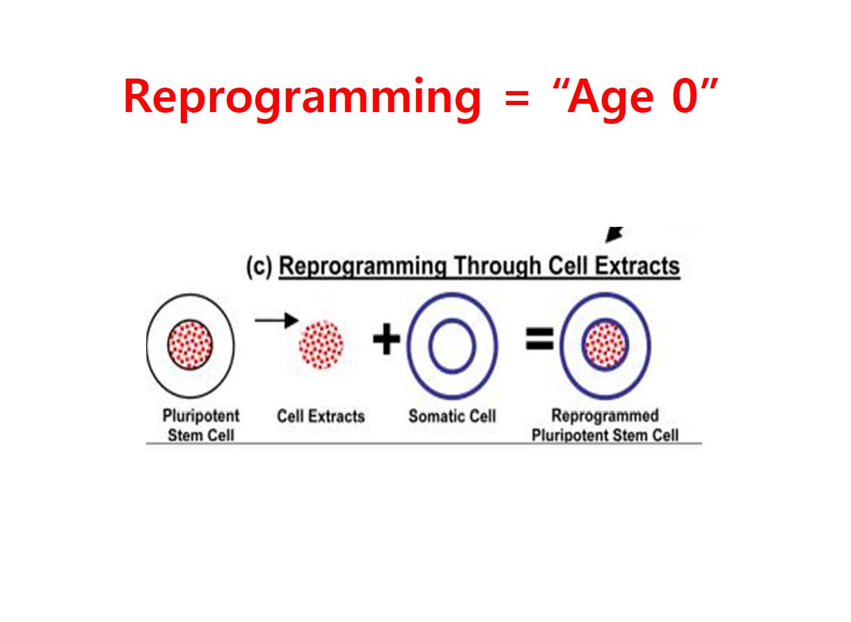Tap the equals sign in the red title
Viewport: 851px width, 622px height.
tap(516, 98)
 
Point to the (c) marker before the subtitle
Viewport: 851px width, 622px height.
tap(260, 266)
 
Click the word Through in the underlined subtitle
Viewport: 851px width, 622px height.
tap(498, 266)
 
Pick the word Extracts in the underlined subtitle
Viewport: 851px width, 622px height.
tap(637, 266)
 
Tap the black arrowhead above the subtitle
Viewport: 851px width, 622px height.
tap(614, 234)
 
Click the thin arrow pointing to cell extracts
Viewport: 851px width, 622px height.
tap(276, 320)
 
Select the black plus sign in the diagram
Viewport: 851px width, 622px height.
tap(386, 339)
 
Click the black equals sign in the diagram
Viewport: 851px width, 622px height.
tap(539, 339)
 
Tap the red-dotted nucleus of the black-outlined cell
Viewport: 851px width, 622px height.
tap(191, 345)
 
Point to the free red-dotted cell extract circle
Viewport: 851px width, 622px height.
tap(321, 344)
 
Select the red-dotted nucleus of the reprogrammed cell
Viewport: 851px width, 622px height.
tap(605, 345)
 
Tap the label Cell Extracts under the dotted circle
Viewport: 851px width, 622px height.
tap(321, 416)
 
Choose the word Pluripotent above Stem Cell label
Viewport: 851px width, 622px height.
tap(201, 415)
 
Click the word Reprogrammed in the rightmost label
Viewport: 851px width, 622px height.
tap(605, 415)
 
